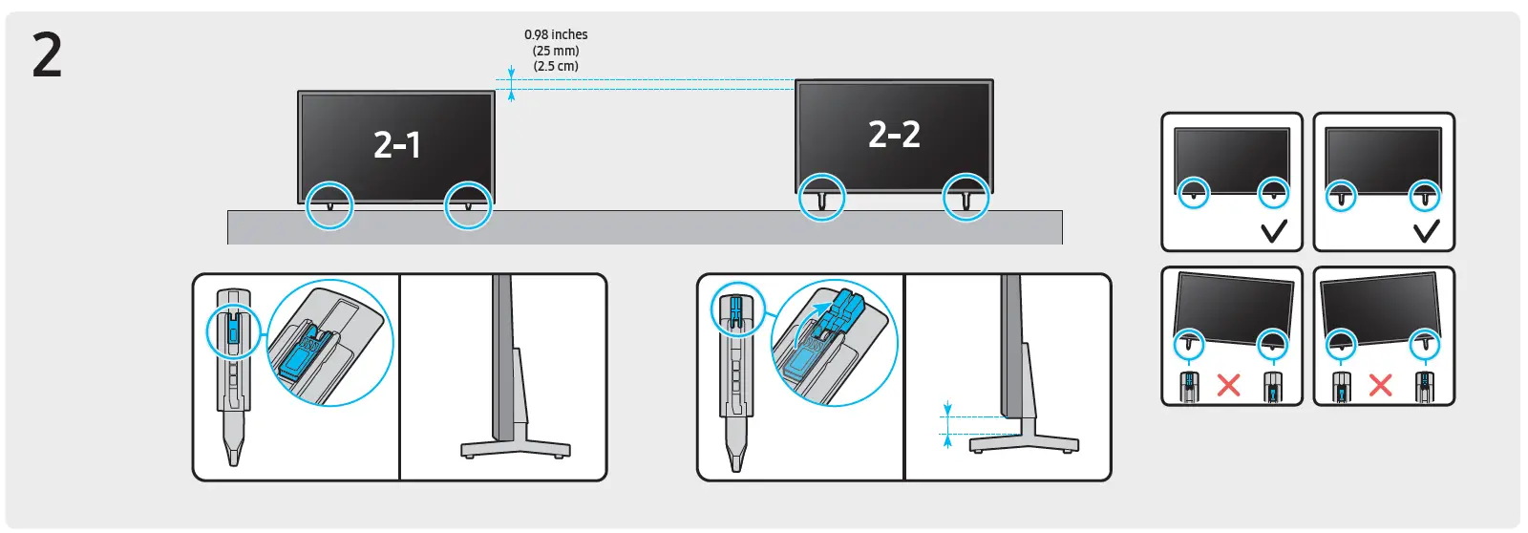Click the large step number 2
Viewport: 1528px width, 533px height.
pos(47,55)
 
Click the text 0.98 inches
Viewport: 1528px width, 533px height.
pos(556,34)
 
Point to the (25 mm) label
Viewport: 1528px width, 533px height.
pos(556,51)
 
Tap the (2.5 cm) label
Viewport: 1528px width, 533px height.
pos(556,66)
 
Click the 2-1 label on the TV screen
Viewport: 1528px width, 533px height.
pos(396,145)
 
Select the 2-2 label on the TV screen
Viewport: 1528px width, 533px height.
pos(894,135)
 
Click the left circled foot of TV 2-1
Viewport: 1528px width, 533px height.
pos(329,205)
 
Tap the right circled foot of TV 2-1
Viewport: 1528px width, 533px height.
pos(468,205)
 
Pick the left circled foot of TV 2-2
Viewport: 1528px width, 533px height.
pos(821,198)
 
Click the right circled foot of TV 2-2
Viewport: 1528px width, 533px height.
pos(966,198)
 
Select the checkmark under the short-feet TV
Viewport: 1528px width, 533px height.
pos(1274,231)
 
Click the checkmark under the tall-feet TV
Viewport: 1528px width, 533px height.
pos(1426,231)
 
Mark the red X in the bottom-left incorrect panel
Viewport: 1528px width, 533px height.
pos(1229,385)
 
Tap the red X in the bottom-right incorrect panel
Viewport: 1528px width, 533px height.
pos(1380,385)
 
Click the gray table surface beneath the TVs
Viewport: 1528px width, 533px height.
pos(645,227)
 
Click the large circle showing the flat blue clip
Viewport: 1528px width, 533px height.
pos(329,344)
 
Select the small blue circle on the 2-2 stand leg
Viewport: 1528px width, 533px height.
pos(738,309)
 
